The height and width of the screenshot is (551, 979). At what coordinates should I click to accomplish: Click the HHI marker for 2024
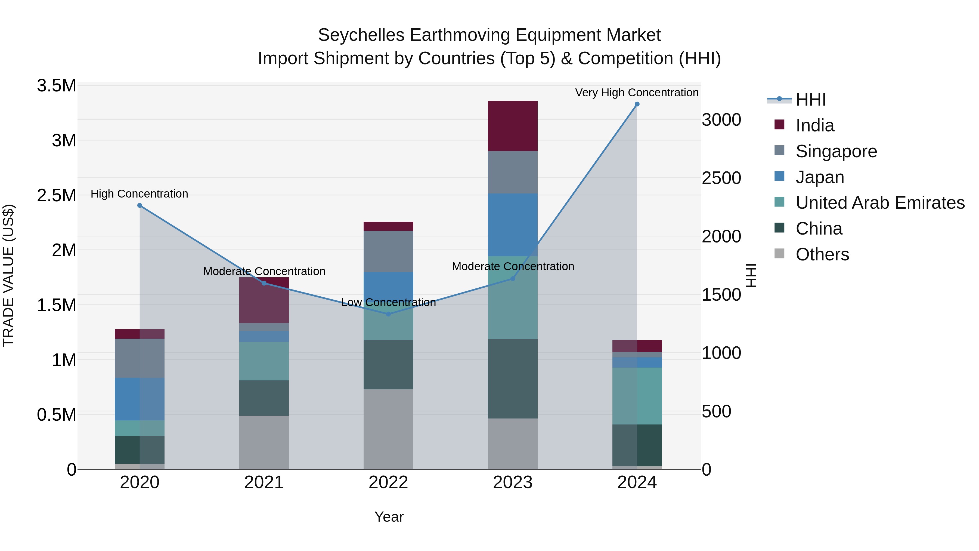(x=637, y=104)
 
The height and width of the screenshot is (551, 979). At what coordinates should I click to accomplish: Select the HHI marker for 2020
(x=140, y=205)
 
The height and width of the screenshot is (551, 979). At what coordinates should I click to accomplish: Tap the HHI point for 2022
(x=388, y=314)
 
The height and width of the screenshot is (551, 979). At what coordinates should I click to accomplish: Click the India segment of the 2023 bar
(x=513, y=126)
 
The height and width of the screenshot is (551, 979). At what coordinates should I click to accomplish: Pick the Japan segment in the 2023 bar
(x=513, y=225)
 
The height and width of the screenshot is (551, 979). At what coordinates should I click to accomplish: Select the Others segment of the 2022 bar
(x=388, y=429)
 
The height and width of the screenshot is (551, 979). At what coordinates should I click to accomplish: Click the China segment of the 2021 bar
(x=264, y=398)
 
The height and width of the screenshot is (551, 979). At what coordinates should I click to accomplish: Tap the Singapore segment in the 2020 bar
(x=140, y=358)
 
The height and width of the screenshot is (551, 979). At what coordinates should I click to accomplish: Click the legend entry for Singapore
(x=836, y=151)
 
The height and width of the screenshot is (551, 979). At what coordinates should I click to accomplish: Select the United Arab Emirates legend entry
(x=880, y=203)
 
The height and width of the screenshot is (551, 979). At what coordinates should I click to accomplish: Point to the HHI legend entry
(x=810, y=100)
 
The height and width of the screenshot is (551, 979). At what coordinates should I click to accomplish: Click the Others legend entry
(x=822, y=254)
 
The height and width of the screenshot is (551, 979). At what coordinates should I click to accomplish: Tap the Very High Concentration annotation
(x=637, y=93)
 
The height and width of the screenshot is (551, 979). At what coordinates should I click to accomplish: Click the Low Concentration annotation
(x=388, y=302)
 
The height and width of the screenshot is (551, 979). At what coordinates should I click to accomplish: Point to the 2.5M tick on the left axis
(x=56, y=195)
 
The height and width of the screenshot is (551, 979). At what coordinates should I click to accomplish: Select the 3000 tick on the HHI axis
(x=721, y=120)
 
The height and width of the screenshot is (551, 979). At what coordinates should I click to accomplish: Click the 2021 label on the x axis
(x=264, y=482)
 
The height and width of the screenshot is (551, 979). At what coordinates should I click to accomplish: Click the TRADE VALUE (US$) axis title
(x=8, y=275)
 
